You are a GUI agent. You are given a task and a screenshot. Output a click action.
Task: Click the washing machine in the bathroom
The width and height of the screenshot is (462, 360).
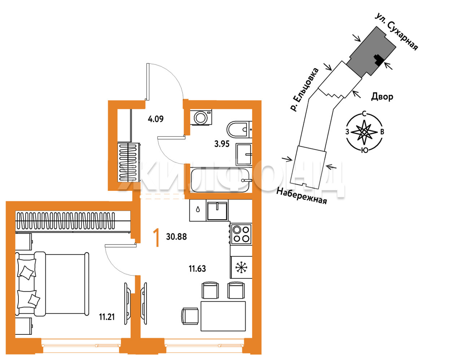click(x=201, y=117)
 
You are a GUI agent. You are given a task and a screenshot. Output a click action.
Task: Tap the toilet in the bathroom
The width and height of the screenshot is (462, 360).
click(x=239, y=129)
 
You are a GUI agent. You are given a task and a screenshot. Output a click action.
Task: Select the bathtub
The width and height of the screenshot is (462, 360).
click(x=220, y=180)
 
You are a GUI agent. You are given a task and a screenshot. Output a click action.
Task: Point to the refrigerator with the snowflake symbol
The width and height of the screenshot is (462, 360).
click(x=241, y=267)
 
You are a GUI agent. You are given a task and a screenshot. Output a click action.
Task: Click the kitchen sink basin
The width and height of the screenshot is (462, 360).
click(x=217, y=210)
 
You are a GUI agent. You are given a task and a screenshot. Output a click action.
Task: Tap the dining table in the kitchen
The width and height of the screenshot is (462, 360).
click(x=223, y=316)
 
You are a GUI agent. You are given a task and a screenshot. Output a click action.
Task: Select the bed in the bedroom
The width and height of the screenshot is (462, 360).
click(x=52, y=284)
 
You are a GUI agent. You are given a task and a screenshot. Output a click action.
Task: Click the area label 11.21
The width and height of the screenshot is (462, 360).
click(x=107, y=317)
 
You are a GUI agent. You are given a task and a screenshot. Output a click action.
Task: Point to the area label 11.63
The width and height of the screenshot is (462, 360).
click(x=197, y=269)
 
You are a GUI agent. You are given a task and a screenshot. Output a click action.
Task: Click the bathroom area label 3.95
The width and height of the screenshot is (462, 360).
click(x=222, y=144)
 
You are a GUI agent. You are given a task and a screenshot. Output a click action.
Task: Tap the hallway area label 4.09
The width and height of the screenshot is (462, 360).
click(x=156, y=119)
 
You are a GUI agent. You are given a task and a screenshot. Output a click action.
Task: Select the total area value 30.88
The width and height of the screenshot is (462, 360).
click(x=176, y=237)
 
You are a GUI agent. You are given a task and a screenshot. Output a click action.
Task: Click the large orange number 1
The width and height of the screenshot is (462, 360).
click(x=157, y=238)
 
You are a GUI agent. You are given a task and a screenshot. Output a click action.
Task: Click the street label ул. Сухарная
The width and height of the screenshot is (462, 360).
click(x=397, y=32)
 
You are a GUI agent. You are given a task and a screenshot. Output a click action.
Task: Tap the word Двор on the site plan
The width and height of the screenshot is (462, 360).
click(x=382, y=97)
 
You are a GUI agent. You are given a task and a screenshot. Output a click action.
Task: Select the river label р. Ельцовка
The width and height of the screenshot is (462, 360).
click(x=305, y=89)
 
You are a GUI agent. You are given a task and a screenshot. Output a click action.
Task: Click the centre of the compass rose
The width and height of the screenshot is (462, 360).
click(x=364, y=132)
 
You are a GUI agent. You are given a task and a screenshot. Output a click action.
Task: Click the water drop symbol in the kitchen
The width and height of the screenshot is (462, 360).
click(x=198, y=210)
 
